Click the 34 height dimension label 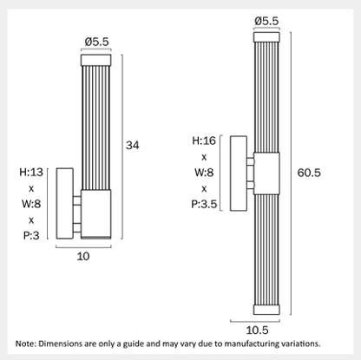(x=132, y=145)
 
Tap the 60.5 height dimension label (x=309, y=173)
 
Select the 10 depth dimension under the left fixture (x=83, y=256)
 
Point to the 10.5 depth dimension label (x=257, y=330)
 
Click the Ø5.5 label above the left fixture (x=97, y=42)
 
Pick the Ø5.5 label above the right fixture (x=266, y=21)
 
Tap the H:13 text (x=31, y=172)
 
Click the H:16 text (x=204, y=141)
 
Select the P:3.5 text (x=204, y=204)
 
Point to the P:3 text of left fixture (x=31, y=236)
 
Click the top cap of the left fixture (x=96, y=60)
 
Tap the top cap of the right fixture (x=266, y=37)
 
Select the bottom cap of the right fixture (x=266, y=310)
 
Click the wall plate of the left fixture (x=64, y=204)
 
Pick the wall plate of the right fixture (x=239, y=173)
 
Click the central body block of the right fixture (x=266, y=173)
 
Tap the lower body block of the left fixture (x=96, y=214)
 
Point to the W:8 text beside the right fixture (x=204, y=173)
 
